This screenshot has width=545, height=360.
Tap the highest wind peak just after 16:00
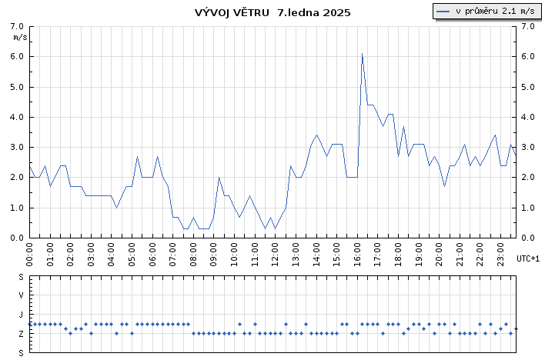(362, 54)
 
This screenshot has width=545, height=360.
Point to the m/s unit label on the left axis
(21, 37)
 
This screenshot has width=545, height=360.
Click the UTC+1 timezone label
(528, 258)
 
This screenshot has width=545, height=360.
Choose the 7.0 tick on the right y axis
(528, 26)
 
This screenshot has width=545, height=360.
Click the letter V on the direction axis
(21, 295)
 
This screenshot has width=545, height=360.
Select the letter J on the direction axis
(21, 315)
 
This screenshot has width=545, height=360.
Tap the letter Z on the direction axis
(21, 334)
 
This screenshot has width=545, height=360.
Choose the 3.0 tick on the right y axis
(528, 148)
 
